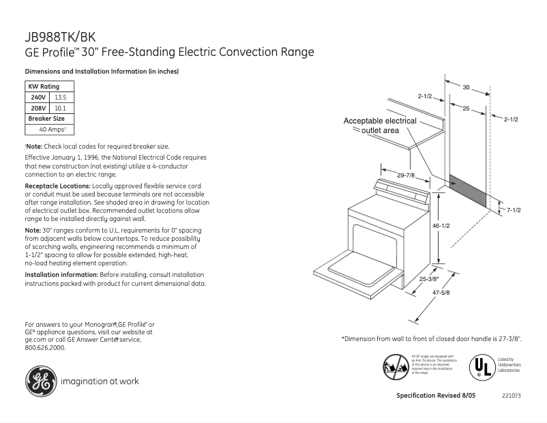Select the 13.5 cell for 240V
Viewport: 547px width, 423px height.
[60, 98]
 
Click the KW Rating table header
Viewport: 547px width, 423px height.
[44, 87]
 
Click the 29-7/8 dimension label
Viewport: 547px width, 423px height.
[406, 175]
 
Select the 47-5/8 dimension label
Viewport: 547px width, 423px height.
[441, 292]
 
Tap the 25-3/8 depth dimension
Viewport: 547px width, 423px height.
[428, 278]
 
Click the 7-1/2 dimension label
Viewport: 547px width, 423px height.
[514, 210]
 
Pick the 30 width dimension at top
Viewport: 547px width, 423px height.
[466, 87]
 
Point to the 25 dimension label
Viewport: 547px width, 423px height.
[466, 108]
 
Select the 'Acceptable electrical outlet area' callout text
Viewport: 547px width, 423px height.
[379, 126]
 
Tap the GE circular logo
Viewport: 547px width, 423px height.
[41, 381]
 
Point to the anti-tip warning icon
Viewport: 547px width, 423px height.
[396, 367]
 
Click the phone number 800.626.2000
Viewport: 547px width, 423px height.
[45, 347]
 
